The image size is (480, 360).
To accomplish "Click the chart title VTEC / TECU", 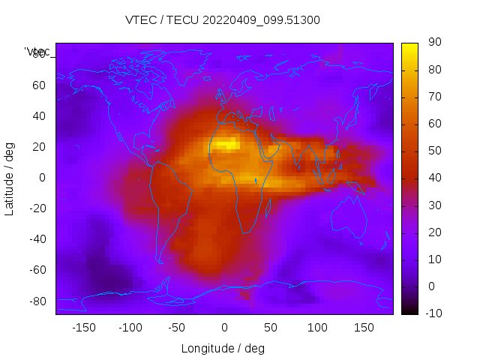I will pos(223,20).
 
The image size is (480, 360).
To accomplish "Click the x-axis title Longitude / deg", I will pos(223,349).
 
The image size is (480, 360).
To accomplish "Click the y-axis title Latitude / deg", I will pos(10,178).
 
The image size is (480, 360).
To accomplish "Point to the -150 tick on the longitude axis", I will pos(83,328).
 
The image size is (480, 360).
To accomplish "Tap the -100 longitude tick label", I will pos(130,328).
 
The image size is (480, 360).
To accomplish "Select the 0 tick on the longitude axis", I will pos(223,328).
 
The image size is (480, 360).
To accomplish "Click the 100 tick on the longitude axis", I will pos(317,328).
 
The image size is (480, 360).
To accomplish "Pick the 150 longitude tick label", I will pos(364,328).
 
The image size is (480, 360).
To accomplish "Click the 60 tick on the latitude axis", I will pos(39,85).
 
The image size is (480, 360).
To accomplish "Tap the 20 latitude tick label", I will pos(39,147).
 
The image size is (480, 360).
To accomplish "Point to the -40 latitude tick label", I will pos(37,239).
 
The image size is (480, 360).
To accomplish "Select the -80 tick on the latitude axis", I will pos(37,301).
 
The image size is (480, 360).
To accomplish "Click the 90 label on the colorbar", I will pos(433,43).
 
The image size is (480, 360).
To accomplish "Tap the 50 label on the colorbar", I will pos(433,151).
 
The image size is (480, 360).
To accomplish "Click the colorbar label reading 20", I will pos(433,232).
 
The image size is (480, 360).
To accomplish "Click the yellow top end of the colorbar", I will pos(409,47).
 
